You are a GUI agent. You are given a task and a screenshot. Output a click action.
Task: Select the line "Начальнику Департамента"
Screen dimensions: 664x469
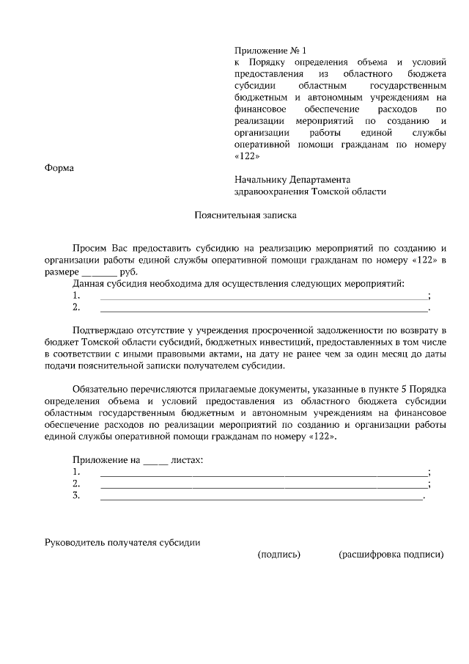tap(292, 179)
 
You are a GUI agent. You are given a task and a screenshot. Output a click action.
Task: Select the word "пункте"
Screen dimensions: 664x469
tap(373, 390)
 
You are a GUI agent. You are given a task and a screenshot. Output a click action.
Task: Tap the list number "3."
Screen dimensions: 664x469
tap(76, 496)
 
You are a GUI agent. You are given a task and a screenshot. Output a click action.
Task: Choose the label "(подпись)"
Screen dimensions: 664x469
tap(279, 555)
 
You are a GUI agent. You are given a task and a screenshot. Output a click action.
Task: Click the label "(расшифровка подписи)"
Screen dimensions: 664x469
tap(391, 555)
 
